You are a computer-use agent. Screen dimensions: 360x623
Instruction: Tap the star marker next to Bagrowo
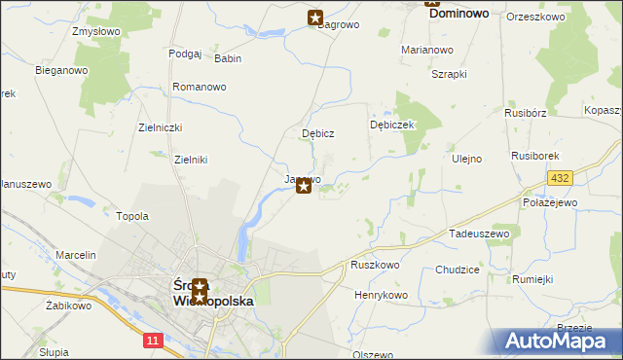(315, 17)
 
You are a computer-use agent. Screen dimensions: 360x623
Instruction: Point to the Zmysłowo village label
(95, 31)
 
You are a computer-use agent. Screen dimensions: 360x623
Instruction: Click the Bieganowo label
(61, 70)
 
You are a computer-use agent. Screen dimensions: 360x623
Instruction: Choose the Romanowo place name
(199, 87)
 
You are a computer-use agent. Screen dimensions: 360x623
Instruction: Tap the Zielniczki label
(161, 127)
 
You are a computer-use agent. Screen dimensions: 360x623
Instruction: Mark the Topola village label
(132, 216)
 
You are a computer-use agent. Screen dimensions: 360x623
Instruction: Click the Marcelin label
(76, 255)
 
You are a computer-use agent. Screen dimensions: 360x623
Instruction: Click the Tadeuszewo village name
(479, 234)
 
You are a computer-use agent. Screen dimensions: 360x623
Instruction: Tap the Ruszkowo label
(376, 265)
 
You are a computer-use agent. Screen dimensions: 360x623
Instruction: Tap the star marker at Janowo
(304, 186)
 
